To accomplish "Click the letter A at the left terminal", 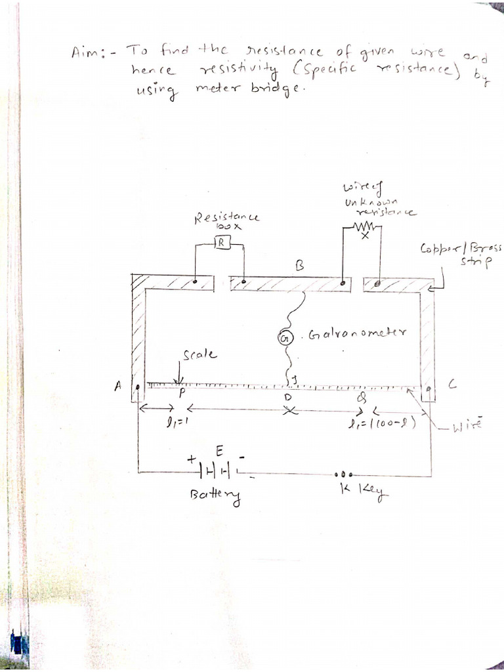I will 119,386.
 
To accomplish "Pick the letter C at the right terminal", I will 451,387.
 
